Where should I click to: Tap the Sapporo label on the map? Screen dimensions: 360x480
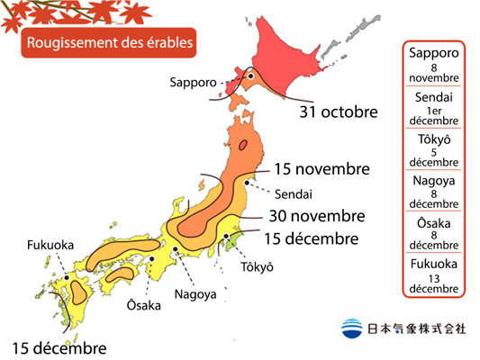pyautogui.click(x=193, y=82)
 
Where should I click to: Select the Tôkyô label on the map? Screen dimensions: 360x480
pyautogui.click(x=257, y=267)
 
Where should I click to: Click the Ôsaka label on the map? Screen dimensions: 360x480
pyautogui.click(x=143, y=305)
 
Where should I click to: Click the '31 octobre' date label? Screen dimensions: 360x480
pyautogui.click(x=337, y=112)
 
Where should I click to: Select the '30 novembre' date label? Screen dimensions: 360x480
pyautogui.click(x=316, y=216)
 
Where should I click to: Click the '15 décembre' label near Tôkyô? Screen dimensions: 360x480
pyautogui.click(x=311, y=238)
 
